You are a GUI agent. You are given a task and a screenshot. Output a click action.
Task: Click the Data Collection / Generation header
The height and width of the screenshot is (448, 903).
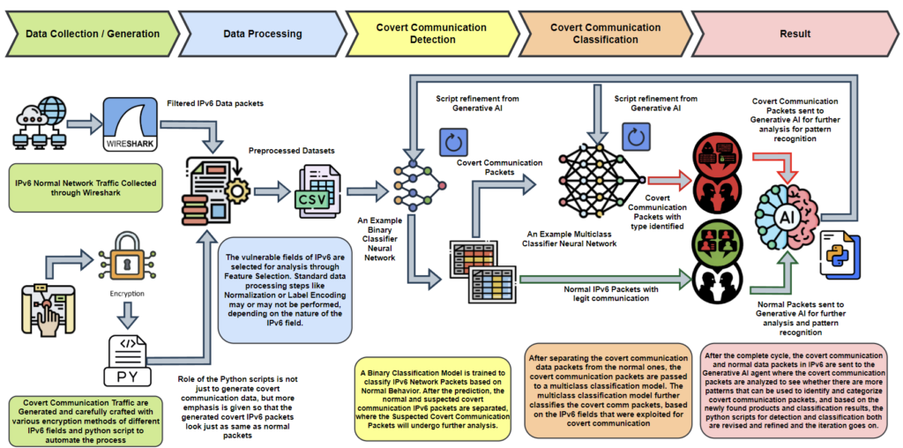(93, 34)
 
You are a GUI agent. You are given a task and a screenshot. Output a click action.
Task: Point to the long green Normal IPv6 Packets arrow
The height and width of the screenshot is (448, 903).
(600, 281)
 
